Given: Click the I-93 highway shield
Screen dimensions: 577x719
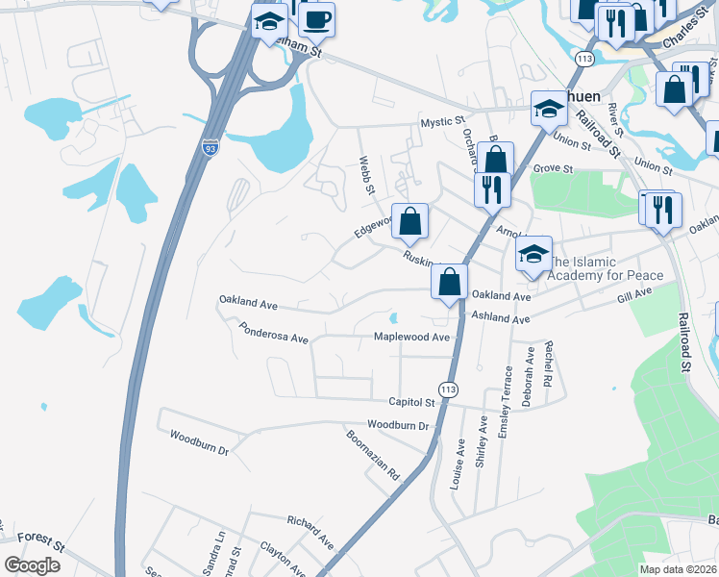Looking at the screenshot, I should coord(211,147).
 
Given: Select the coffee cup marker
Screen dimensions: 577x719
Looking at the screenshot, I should coord(316,20).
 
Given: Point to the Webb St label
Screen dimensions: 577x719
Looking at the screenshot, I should coord(366,176).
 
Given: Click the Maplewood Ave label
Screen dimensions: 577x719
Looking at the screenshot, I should coord(411,338).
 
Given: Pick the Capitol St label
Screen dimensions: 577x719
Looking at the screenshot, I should coord(411,402).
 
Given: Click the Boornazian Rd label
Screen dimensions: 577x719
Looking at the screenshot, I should coord(372,454).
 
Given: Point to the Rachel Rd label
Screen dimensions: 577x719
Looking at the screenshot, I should coord(547,365).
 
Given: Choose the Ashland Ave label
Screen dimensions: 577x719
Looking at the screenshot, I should coord(500,318).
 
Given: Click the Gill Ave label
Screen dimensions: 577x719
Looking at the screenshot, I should coord(636,301).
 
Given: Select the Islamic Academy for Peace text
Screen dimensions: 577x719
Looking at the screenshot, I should coord(606,268).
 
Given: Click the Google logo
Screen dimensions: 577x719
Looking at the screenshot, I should coord(32,565).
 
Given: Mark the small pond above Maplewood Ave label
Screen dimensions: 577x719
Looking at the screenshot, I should coord(394,318).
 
